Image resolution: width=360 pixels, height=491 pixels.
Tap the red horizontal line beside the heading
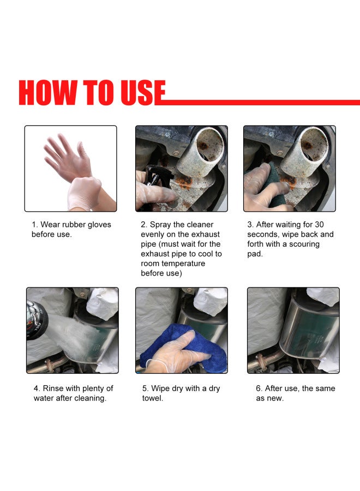[262, 102]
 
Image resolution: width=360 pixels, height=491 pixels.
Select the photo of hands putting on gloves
[70, 169]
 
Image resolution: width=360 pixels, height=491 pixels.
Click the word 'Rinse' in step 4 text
[54, 388]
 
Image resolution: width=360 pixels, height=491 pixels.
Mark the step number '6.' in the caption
[259, 388]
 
